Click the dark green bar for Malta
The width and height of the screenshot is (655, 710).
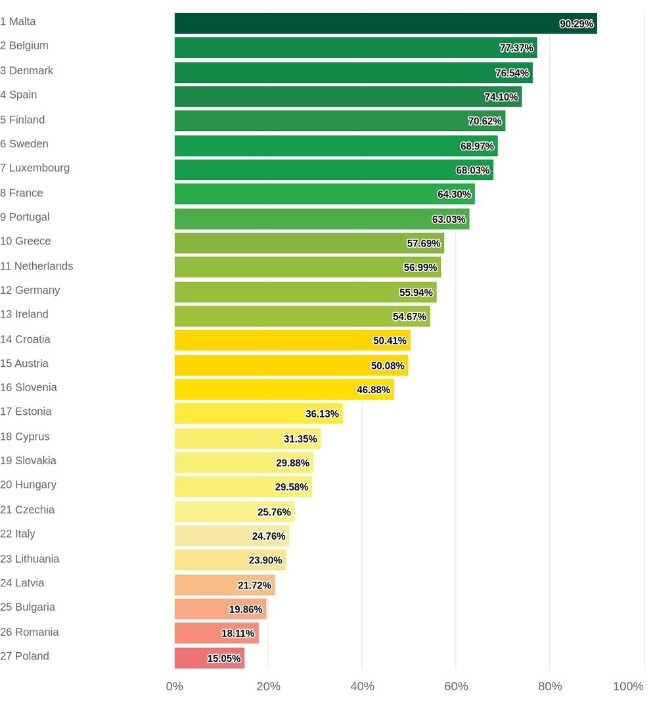click(x=386, y=24)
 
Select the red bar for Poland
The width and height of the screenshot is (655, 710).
click(x=209, y=658)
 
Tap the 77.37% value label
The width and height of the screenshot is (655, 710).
click(x=516, y=48)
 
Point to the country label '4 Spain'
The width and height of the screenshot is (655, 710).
click(x=18, y=95)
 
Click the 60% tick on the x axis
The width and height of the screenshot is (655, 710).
click(x=456, y=686)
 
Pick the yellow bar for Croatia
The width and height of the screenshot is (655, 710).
click(x=292, y=341)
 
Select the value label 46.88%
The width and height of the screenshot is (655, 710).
click(x=374, y=390)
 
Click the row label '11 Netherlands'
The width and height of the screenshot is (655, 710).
click(x=37, y=266)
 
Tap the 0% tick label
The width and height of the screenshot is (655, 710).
click(x=175, y=686)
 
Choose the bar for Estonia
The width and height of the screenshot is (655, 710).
click(x=258, y=414)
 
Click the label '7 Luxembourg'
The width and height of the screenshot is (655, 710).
click(x=35, y=168)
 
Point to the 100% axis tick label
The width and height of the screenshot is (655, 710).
click(x=628, y=686)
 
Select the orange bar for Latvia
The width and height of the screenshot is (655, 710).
click(x=225, y=585)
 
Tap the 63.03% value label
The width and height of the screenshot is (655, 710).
click(x=449, y=220)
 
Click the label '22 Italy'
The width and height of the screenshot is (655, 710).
click(x=18, y=534)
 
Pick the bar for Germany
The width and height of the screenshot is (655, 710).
click(x=305, y=292)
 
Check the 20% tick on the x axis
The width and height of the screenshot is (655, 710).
click(x=268, y=686)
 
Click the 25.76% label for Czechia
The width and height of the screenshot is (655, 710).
click(x=274, y=512)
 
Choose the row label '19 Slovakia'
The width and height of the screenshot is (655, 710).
click(x=28, y=460)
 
